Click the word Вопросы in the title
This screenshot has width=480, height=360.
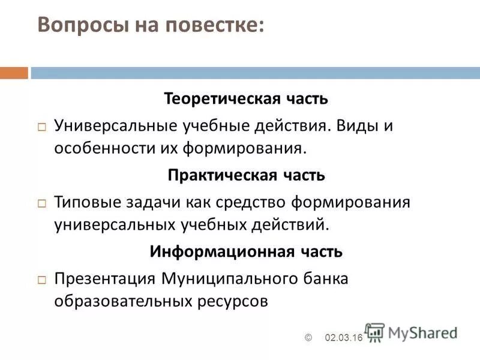click(75, 25)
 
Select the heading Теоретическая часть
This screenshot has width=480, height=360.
click(246, 98)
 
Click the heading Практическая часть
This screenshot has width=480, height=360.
click(246, 175)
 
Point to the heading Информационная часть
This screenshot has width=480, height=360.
click(246, 251)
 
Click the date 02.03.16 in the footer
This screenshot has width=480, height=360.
click(344, 338)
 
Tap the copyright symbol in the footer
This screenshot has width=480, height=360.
click(309, 338)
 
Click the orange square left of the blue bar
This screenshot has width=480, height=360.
click(14, 73)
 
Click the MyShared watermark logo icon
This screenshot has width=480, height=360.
click(375, 332)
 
